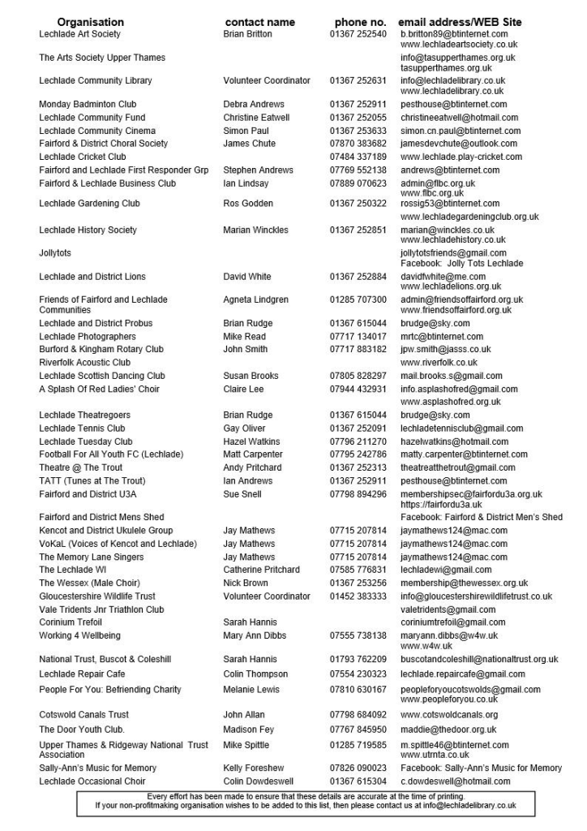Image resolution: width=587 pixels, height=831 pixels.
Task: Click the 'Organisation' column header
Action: (x=91, y=22)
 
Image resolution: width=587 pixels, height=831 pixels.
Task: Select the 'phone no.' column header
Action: (x=360, y=22)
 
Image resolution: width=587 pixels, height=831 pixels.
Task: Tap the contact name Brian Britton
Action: (x=247, y=34)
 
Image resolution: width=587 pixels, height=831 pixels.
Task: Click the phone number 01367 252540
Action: (x=358, y=34)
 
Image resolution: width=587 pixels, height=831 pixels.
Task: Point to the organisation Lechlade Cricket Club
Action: (x=83, y=157)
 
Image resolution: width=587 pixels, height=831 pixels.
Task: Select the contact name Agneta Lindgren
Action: (x=255, y=299)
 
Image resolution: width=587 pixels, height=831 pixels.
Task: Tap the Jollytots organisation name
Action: (x=55, y=253)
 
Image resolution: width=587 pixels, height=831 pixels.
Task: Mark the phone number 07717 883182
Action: (x=358, y=350)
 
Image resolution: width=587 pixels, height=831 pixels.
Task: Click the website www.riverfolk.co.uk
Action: (x=439, y=363)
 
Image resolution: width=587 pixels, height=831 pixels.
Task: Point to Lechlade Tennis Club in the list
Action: (x=82, y=428)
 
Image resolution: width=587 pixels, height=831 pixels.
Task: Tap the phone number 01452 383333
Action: (x=358, y=596)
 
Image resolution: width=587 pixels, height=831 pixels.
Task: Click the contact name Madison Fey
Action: (x=248, y=730)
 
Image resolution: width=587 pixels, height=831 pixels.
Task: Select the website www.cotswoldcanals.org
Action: (x=449, y=715)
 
